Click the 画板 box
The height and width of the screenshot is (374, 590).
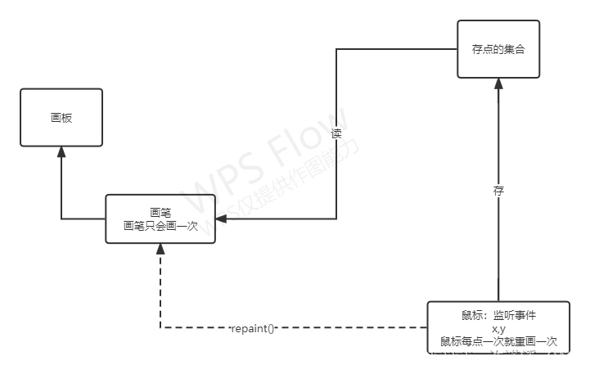[61, 118]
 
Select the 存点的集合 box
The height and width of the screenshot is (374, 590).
[498, 49]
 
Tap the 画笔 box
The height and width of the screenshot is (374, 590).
[160, 218]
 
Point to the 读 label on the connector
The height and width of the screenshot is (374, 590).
[336, 133]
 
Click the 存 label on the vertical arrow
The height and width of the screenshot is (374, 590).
[498, 192]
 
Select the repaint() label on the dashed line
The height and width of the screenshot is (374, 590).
[253, 328]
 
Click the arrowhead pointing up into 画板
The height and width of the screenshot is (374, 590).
[61, 153]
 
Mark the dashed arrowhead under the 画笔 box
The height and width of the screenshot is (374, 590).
[160, 249]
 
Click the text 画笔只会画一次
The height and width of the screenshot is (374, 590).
[160, 225]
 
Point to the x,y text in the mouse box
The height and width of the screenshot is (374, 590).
[498, 328]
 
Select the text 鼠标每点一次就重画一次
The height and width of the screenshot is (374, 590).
[498, 341]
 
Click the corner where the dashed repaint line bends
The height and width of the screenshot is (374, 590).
[160, 328]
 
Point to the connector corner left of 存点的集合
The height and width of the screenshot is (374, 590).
[336, 49]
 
